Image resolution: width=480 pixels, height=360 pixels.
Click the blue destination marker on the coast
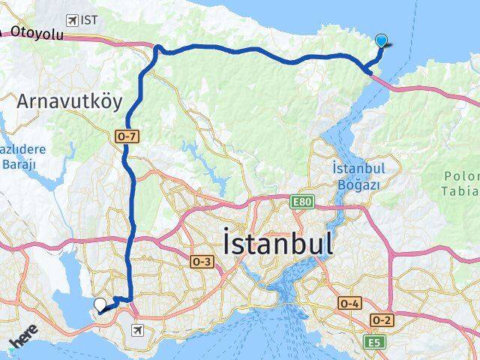click(x=382, y=41)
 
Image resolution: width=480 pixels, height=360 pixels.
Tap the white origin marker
click(x=100, y=304)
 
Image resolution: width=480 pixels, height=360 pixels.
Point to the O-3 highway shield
click(x=202, y=262)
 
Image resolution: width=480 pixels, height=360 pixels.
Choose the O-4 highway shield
click(x=349, y=303)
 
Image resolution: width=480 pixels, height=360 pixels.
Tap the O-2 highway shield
click(x=382, y=320)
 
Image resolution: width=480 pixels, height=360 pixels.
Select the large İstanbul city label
click(x=277, y=244)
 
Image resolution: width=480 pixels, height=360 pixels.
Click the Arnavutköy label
click(x=69, y=100)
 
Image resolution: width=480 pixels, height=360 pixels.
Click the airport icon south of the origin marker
click(x=138, y=329)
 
